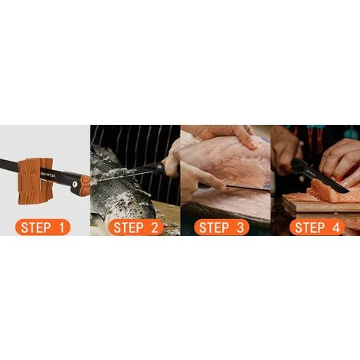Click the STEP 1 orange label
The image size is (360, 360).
tap(43, 227)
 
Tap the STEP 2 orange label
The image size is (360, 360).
tap(136, 227)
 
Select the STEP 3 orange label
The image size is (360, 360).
tap(221, 227)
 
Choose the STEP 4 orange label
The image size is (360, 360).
tap(317, 227)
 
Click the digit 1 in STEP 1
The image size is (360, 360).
tap(61, 227)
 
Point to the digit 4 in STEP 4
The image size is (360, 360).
tap(335, 227)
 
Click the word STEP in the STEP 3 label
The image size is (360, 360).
tap(214, 227)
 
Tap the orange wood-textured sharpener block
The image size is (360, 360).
tap(35, 181)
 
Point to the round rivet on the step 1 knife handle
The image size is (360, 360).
tap(74, 184)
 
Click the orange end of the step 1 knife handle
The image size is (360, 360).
tap(85, 183)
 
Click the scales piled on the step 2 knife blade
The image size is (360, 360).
tap(105, 175)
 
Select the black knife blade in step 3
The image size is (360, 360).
tap(247, 188)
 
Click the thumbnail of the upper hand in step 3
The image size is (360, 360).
tap(253, 145)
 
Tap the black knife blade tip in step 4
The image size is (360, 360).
tap(346, 191)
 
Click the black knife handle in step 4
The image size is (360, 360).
tap(301, 166)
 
